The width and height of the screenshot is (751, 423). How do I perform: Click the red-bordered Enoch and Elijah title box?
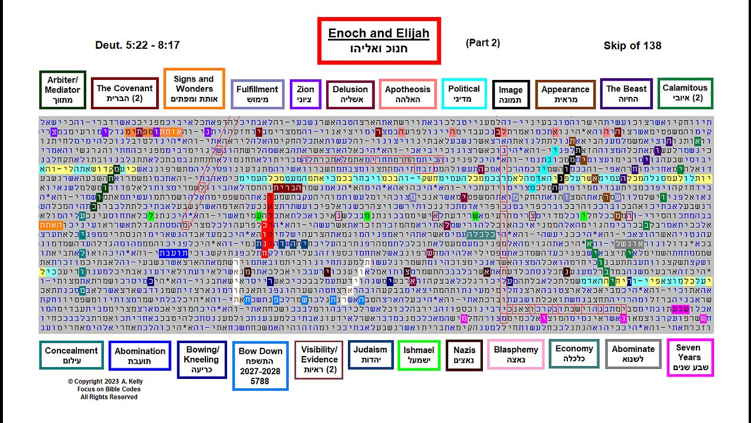378,41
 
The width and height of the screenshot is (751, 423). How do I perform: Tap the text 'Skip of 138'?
632,46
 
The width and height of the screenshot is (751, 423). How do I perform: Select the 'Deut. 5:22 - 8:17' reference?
137,45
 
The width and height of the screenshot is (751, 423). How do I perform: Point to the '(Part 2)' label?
483,43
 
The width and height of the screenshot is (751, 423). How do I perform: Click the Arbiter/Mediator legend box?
62,90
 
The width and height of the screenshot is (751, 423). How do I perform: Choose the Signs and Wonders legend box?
194,89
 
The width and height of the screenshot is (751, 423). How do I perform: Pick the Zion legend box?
305,94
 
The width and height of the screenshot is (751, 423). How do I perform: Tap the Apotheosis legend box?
407,94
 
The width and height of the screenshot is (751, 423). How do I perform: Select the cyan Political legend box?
464,93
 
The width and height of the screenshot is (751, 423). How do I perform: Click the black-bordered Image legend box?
510,95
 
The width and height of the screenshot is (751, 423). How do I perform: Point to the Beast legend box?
626,93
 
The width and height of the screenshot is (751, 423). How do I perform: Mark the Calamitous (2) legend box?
685,93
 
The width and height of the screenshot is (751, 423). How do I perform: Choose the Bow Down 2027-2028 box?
261,365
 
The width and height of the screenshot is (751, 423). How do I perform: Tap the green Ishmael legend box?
418,355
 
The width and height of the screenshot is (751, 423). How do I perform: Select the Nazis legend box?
464,355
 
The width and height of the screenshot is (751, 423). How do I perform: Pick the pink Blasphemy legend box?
516,354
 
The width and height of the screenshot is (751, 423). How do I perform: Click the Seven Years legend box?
689,357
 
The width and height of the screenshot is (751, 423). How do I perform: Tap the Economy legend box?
574,353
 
